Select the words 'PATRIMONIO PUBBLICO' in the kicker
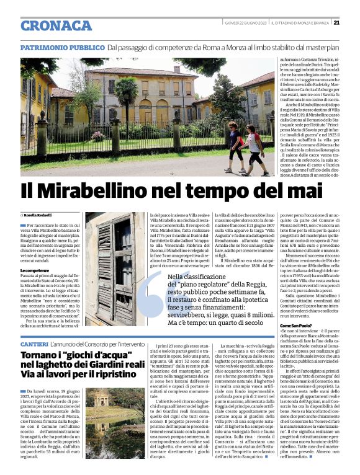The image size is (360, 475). pyautogui.click(x=62, y=48)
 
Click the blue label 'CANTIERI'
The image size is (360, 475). pyautogui.click(x=34, y=343)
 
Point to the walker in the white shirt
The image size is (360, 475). pyautogui.click(x=254, y=148)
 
